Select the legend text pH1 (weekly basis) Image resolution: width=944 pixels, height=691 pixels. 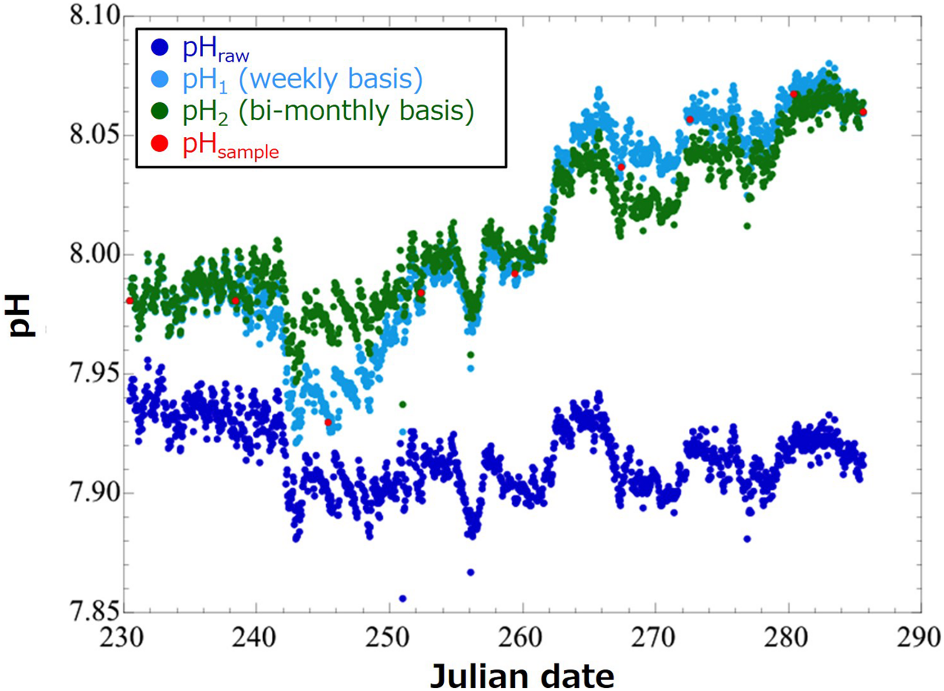tap(302, 80)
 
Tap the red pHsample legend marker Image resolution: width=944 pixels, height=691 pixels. tap(160, 144)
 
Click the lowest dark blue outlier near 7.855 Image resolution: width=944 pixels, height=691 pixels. tap(403, 599)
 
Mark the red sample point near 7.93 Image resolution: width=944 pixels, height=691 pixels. tap(328, 422)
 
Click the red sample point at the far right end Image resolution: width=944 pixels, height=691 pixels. tap(863, 112)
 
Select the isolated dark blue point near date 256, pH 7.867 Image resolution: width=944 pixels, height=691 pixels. tap(470, 572)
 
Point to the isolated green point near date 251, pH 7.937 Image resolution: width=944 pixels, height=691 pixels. tap(403, 405)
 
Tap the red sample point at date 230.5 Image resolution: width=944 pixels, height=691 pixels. tap(130, 301)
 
